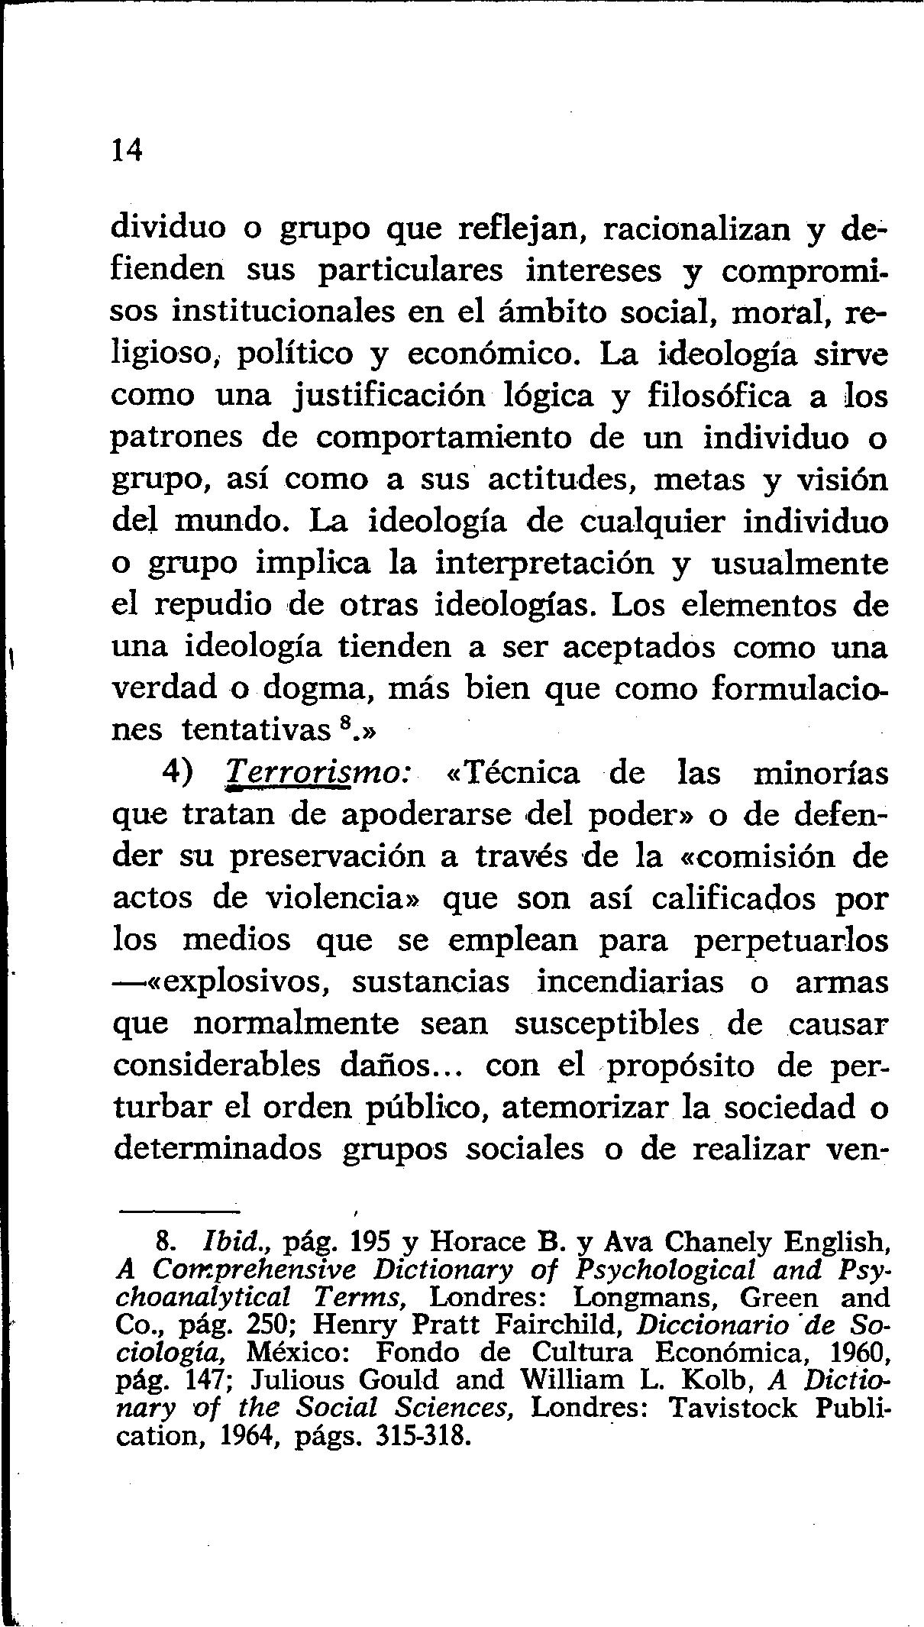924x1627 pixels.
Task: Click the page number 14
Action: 127,150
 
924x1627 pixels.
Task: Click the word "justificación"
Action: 389,396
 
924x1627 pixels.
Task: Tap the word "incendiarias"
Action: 630,982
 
